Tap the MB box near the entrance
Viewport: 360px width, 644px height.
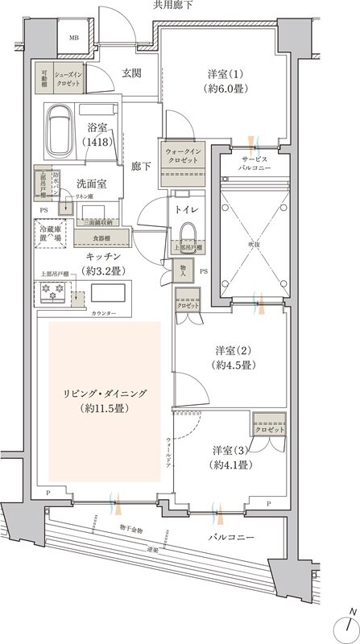click(73, 38)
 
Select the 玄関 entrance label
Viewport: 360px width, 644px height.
click(132, 73)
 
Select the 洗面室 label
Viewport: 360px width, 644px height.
click(93, 183)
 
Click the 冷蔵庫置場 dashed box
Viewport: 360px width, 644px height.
click(51, 235)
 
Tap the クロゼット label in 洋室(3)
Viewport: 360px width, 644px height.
click(270, 430)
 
